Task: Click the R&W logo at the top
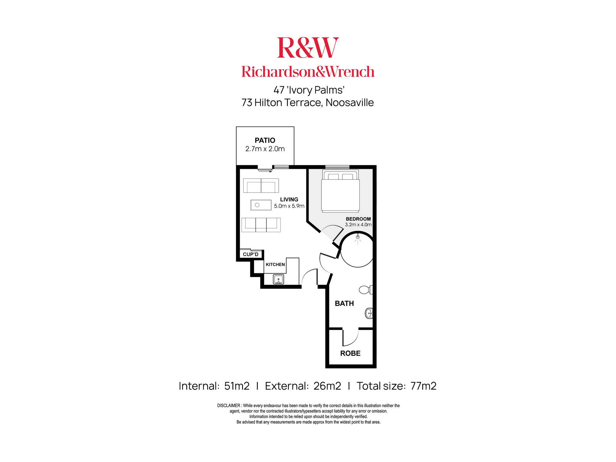pyautogui.click(x=308, y=47)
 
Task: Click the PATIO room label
pyautogui.click(x=265, y=140)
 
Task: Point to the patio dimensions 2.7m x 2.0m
pyautogui.click(x=265, y=149)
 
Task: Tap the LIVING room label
pyautogui.click(x=289, y=200)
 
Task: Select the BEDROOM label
pyautogui.click(x=358, y=219)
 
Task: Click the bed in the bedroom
pyautogui.click(x=340, y=191)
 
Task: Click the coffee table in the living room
pyautogui.click(x=261, y=205)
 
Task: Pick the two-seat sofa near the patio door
pyautogui.click(x=261, y=185)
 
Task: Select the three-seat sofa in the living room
pyautogui.click(x=261, y=225)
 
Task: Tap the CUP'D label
pyautogui.click(x=251, y=254)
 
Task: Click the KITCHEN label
pyautogui.click(x=275, y=265)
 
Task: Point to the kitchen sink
pyautogui.click(x=278, y=279)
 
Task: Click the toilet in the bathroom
pyautogui.click(x=366, y=290)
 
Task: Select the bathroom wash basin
pyautogui.click(x=369, y=314)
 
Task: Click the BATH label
pyautogui.click(x=344, y=304)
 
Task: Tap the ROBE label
pyautogui.click(x=351, y=353)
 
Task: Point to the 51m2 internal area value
pyautogui.click(x=237, y=386)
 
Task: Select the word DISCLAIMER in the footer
pyautogui.click(x=229, y=406)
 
